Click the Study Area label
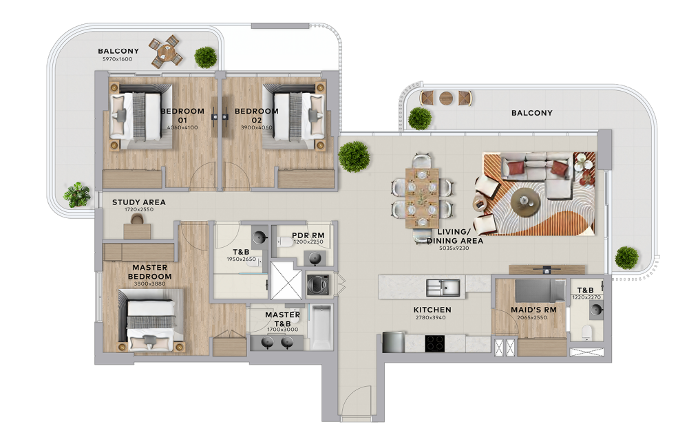[x=139, y=202]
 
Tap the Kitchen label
[x=432, y=310]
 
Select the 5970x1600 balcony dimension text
[x=118, y=58]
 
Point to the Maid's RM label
[x=533, y=310]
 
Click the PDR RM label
[x=308, y=235]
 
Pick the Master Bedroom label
[x=149, y=272]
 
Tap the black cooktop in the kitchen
[x=434, y=343]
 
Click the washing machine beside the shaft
[x=318, y=284]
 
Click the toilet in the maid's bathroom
[x=586, y=332]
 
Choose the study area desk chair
[x=138, y=220]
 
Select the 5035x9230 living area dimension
[x=454, y=248]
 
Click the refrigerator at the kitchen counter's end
[x=394, y=342]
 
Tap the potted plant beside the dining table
[x=354, y=156]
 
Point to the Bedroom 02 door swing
[x=235, y=175]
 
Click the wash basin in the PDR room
[x=315, y=258]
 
